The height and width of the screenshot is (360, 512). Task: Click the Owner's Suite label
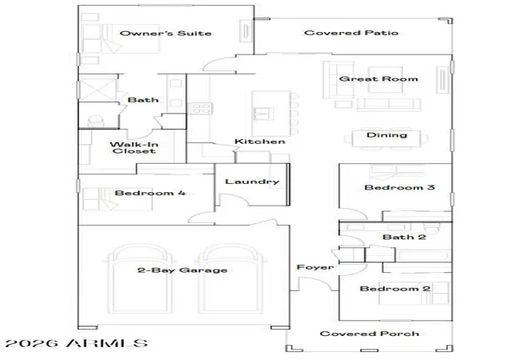(x=166, y=33)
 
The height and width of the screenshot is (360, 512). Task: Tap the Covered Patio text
(x=351, y=33)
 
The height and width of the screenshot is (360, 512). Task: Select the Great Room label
(x=378, y=78)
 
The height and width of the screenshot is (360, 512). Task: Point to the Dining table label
(x=386, y=135)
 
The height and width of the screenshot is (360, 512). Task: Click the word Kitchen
(x=259, y=142)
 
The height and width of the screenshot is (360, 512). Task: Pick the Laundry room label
(x=252, y=182)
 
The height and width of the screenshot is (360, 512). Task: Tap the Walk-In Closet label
(x=134, y=148)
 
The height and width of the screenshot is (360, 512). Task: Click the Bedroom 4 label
(x=150, y=193)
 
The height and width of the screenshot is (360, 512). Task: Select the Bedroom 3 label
(x=399, y=187)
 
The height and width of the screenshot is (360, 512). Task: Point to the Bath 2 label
(x=404, y=237)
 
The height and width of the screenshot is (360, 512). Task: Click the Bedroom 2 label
(x=394, y=289)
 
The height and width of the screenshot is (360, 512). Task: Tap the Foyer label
(x=314, y=267)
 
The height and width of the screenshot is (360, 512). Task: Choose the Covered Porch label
(x=370, y=334)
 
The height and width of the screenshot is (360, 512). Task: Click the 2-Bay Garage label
(x=182, y=270)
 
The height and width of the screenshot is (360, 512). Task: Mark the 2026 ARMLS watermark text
(x=77, y=343)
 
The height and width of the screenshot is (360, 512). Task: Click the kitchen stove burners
(x=201, y=109)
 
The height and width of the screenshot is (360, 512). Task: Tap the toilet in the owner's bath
(x=96, y=121)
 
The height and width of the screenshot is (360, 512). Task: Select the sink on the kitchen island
(x=264, y=114)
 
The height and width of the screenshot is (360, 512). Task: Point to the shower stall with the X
(x=98, y=89)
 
